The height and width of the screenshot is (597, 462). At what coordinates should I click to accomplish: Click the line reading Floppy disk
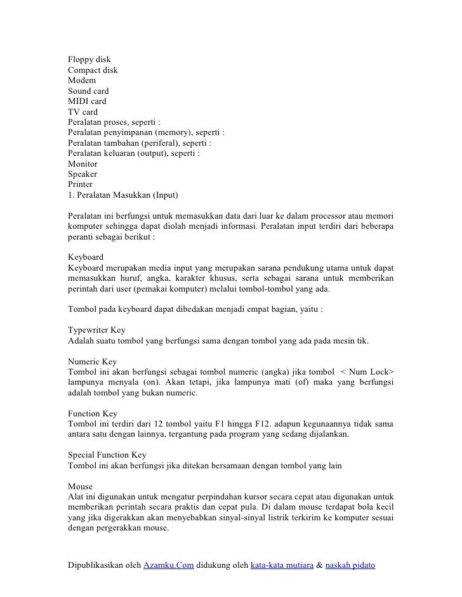89,60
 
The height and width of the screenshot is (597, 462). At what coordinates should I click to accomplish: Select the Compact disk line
93,71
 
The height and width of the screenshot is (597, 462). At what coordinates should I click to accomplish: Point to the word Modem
82,81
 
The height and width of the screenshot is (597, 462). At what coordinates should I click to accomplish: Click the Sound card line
88,91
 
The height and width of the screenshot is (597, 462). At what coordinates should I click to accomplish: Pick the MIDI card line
87,101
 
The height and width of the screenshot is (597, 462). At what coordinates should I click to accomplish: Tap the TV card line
82,112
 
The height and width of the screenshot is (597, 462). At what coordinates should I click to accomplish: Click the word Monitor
83,163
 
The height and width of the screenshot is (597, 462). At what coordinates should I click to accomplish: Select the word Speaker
83,173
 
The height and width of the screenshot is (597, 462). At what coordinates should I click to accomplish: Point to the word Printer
81,183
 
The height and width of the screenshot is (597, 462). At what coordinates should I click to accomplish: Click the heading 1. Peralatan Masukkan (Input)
124,193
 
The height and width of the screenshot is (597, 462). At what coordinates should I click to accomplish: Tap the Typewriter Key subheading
96,330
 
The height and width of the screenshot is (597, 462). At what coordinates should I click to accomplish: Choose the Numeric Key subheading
92,361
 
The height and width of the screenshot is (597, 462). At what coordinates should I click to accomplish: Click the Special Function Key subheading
107,454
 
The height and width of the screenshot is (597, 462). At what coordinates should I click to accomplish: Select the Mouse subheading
80,485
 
